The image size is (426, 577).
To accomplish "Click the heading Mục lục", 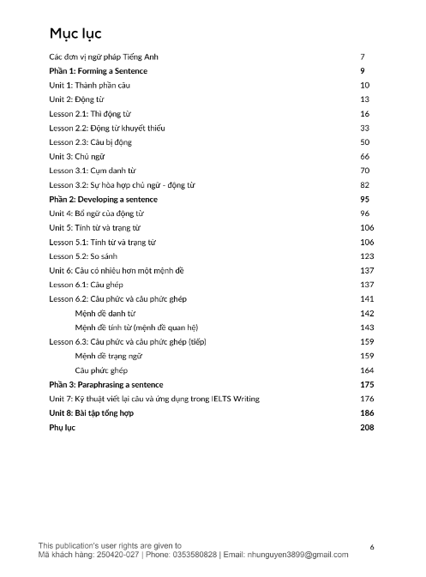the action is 75,34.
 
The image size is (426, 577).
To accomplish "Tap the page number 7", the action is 363,57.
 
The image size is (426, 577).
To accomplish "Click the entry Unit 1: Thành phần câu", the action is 89,86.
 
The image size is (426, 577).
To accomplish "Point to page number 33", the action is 365,128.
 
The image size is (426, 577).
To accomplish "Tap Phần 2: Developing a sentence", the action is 103,199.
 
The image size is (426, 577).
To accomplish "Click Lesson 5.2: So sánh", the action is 87,256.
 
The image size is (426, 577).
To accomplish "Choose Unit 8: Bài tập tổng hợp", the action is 97,412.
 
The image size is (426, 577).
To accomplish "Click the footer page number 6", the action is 371,546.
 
